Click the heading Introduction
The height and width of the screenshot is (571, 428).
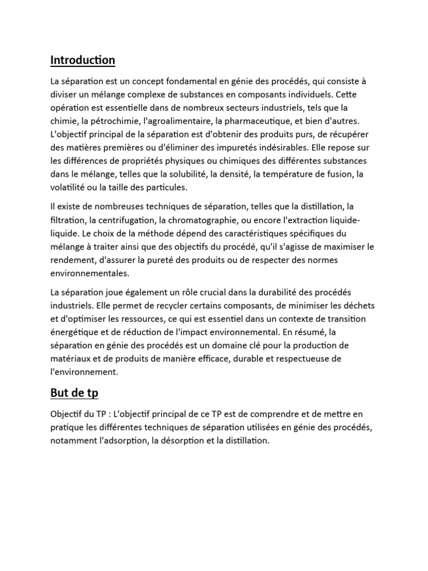coord(82,60)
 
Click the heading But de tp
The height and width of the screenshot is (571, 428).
coord(74,393)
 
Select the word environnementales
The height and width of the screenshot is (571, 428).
coord(89,273)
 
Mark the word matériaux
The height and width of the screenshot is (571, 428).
coord(72,359)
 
